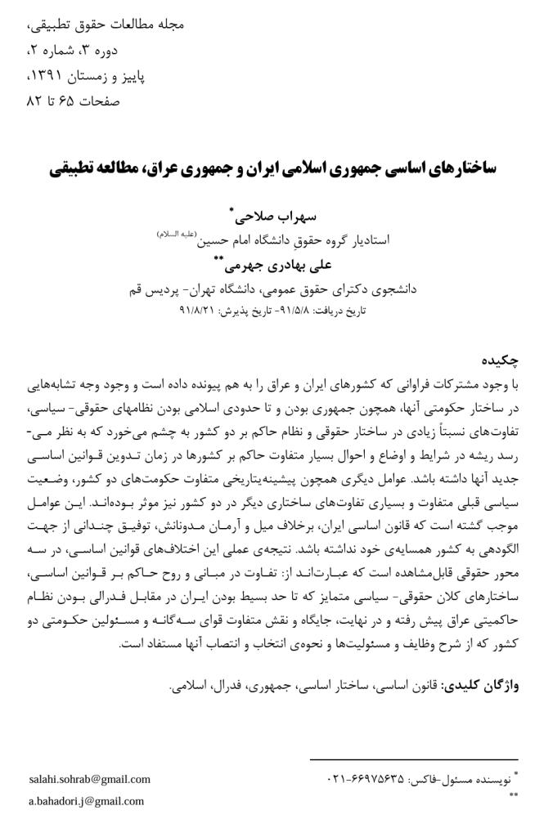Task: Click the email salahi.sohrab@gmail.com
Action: [89, 779]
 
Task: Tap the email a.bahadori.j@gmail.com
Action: [86, 800]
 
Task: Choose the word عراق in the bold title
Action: [164, 168]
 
